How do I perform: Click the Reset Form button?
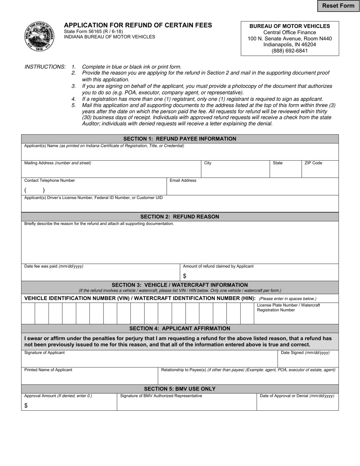(338, 6)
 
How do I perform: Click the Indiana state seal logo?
(39, 36)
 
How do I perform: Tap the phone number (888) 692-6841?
(290, 51)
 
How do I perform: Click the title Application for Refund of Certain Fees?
(138, 25)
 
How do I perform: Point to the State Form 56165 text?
(93, 31)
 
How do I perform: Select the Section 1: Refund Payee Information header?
(180, 139)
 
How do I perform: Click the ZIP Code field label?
(313, 163)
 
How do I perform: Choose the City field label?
(208, 163)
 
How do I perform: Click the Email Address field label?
(183, 180)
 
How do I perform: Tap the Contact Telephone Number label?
(50, 180)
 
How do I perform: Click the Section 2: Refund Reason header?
(180, 217)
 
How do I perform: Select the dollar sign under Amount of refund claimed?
(185, 276)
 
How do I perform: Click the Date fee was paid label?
(54, 266)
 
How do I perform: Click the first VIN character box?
(28, 313)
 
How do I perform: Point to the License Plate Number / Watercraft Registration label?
(288, 307)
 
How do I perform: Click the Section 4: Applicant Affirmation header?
(180, 328)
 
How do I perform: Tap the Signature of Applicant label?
(44, 353)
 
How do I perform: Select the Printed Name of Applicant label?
(48, 370)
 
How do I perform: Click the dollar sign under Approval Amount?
(26, 406)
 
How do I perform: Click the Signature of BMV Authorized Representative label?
(161, 396)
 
